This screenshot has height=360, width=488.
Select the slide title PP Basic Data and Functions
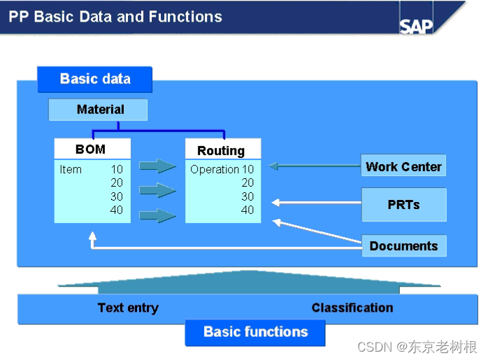[x=115, y=17]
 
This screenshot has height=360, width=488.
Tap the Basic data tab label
[x=95, y=79]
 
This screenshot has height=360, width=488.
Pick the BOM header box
[x=91, y=149]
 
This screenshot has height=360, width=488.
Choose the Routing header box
[x=222, y=150]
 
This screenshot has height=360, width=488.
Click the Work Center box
[x=403, y=166]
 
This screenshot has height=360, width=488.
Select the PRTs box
[x=403, y=205]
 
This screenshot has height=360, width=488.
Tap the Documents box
[x=403, y=245]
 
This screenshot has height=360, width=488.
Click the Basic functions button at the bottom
[x=255, y=332]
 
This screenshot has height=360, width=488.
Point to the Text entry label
[x=128, y=308]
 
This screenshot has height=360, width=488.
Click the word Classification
[x=352, y=308]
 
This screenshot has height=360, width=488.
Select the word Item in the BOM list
[x=71, y=169]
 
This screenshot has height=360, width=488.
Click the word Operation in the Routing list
[x=215, y=169]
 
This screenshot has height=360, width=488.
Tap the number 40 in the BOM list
[x=116, y=210]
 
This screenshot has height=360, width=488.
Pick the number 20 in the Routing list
[x=247, y=182]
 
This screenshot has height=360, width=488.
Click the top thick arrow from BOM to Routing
[x=157, y=166]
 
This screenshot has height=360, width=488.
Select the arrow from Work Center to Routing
[x=315, y=166]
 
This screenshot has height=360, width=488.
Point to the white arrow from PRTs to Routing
[x=315, y=203]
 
